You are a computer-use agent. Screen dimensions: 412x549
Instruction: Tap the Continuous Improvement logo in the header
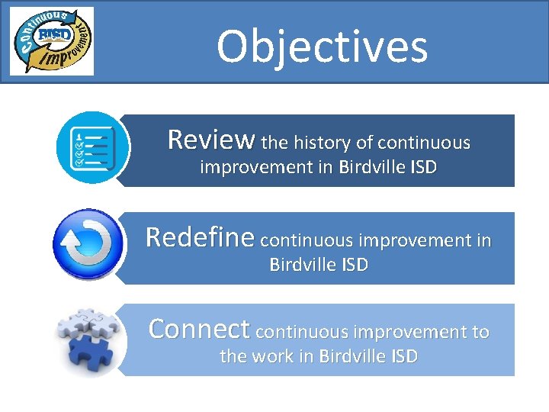pyautogui.click(x=52, y=40)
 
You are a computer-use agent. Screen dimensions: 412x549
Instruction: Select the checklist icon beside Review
pyautogui.click(x=90, y=148)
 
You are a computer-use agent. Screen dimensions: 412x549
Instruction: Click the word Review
pyautogui.click(x=211, y=140)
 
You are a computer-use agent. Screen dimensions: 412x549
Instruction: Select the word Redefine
pyautogui.click(x=200, y=237)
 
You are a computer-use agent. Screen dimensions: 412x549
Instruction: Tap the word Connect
pyautogui.click(x=199, y=329)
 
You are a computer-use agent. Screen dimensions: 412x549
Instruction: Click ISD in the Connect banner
pyautogui.click(x=401, y=356)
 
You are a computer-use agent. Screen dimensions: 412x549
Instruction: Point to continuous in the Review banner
pyautogui.click(x=424, y=143)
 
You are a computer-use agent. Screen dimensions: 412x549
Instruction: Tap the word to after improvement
pyautogui.click(x=480, y=333)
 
